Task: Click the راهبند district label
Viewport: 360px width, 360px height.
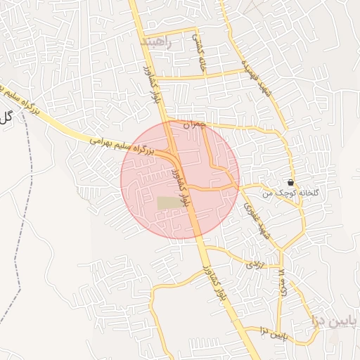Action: pyautogui.click(x=156, y=42)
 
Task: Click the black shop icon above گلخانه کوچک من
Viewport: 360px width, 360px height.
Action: pyautogui.click(x=290, y=182)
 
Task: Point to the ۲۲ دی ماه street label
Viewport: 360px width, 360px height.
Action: pyautogui.click(x=283, y=285)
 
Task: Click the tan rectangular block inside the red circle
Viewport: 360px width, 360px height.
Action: pyautogui.click(x=168, y=202)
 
